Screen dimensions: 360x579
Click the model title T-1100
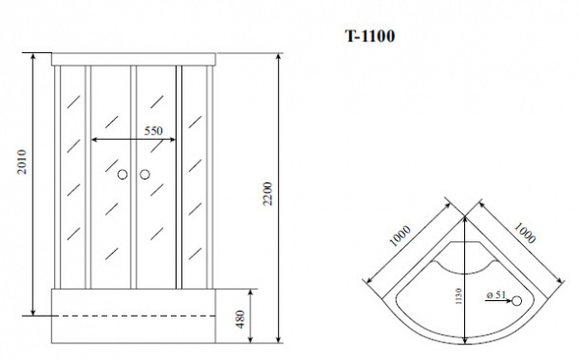[369, 37]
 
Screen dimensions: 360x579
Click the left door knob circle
[123, 175]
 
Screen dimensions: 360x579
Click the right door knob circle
[145, 175]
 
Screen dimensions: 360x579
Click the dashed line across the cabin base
[135, 315]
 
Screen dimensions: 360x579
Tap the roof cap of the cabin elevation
[134, 59]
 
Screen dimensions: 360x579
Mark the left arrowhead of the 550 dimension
[94, 141]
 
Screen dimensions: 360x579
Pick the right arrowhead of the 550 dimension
[176, 141]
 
